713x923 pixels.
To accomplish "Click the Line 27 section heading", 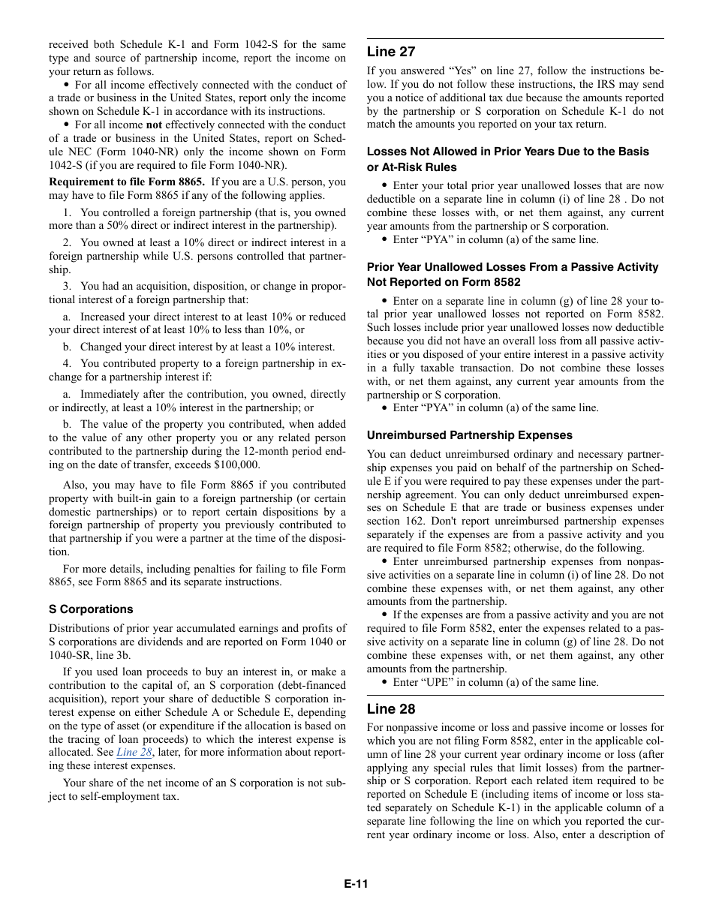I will [390, 52].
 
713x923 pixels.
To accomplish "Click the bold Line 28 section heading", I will [390, 709].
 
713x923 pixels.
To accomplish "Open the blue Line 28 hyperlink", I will [134, 752].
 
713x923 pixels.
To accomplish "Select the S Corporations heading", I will [91, 609].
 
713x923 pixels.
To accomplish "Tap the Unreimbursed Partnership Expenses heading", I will [469, 435].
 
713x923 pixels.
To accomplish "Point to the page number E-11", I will [356, 883].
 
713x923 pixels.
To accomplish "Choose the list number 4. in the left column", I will [67, 363].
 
